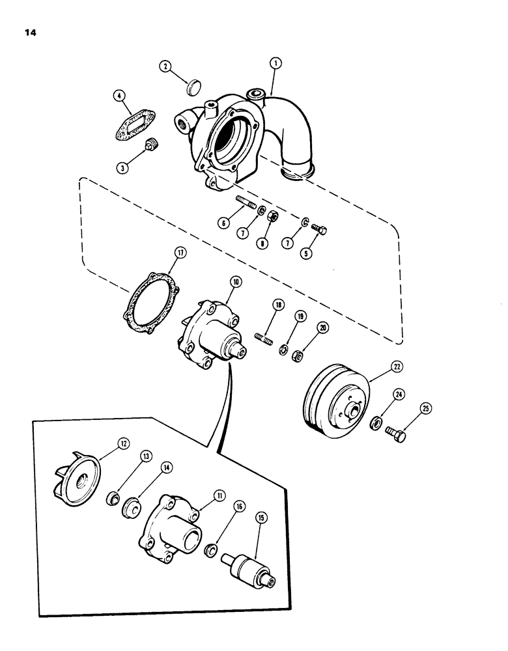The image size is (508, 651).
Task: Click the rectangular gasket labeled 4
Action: coord(139,124)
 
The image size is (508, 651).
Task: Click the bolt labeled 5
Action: coord(318,229)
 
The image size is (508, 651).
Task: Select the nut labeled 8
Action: coord(274,217)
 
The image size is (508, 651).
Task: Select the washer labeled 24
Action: coord(376,424)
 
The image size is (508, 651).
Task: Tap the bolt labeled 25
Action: coord(396,434)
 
